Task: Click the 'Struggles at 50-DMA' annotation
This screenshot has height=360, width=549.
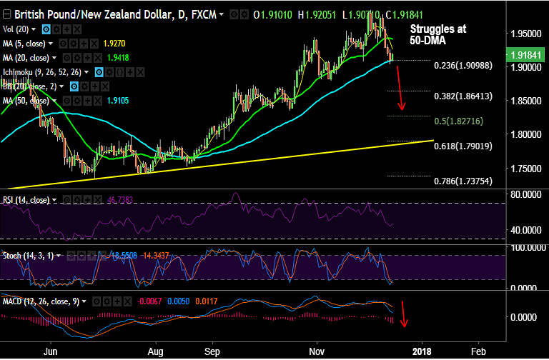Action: pos(437,35)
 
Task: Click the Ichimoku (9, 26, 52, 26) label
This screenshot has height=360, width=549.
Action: pos(43,71)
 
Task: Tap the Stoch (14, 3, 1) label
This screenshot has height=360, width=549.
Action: pos(29,254)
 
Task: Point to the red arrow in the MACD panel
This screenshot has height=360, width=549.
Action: pos(403,314)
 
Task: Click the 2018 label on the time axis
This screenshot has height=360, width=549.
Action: pos(422,352)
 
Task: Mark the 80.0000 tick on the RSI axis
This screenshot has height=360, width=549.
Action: pos(526,194)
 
